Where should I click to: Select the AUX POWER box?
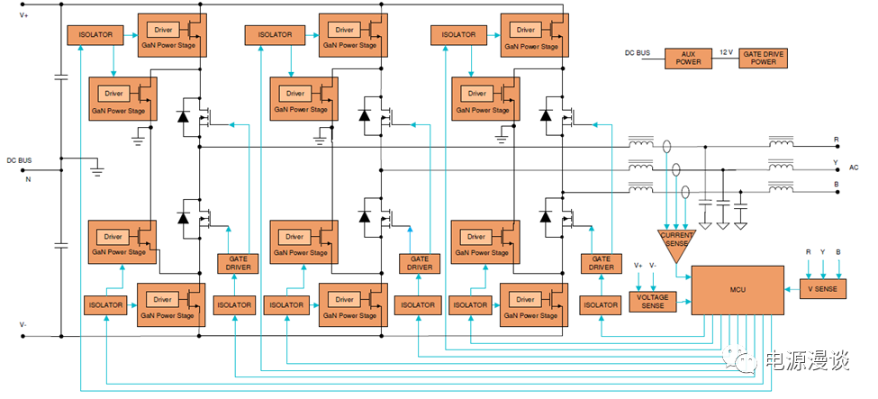coord(688,57)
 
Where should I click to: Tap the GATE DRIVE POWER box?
coord(763,57)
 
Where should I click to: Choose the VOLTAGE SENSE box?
coord(652,301)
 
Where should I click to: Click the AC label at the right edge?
coord(854,168)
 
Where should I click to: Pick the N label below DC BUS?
coord(27,178)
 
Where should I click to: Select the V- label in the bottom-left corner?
coord(24,323)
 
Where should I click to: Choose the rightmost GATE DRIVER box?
coord(601,263)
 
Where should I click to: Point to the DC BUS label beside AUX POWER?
coord(638,52)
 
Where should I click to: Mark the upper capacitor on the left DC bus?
coord(60,77)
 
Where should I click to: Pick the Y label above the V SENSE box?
coord(823,253)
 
